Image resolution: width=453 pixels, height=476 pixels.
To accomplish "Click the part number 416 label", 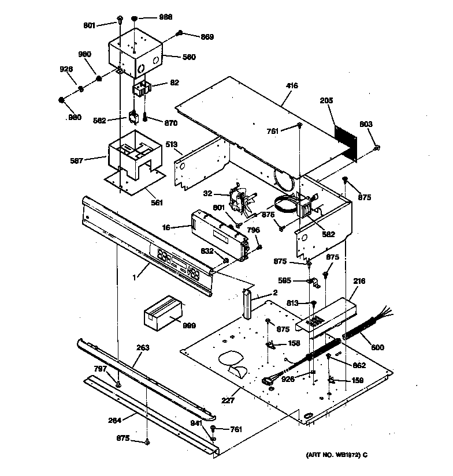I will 292,86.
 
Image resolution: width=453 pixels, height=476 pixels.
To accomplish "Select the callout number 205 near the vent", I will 327,100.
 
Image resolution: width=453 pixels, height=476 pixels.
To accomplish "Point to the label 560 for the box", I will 189,57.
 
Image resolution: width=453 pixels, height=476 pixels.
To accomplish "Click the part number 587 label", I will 92,162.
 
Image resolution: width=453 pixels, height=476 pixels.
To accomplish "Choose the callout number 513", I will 170,144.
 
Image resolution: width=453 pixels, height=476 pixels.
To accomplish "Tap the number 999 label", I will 188,325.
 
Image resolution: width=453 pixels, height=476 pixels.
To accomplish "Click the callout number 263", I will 143,347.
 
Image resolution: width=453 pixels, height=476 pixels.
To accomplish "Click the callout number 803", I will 366,124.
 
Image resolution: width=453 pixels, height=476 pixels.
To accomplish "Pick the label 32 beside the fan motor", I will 207,194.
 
